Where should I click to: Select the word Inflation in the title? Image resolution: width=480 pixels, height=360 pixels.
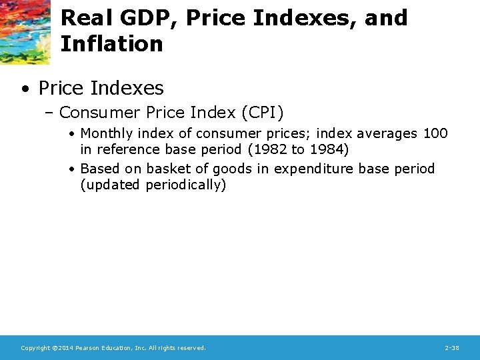point(111,44)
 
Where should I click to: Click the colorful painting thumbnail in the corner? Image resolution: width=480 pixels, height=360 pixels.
point(25,31)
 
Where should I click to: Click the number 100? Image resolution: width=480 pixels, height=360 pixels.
point(435,134)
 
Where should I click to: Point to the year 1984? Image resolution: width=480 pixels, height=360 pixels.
point(327,149)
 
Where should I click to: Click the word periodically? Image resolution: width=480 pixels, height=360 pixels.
point(186,185)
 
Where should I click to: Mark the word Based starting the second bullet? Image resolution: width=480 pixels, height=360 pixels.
point(100,169)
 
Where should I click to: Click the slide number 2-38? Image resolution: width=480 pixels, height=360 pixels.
point(451,348)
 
